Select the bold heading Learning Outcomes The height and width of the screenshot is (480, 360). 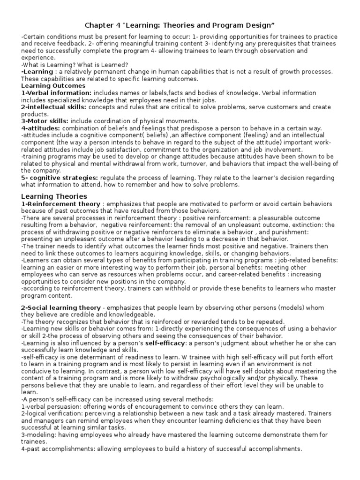[x=53, y=86]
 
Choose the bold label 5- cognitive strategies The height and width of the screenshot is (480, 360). [x=59, y=178]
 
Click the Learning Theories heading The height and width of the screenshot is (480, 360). [x=54, y=196]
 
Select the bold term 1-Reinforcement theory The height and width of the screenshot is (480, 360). [x=60, y=204]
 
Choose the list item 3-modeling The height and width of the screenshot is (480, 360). [x=39, y=435]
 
